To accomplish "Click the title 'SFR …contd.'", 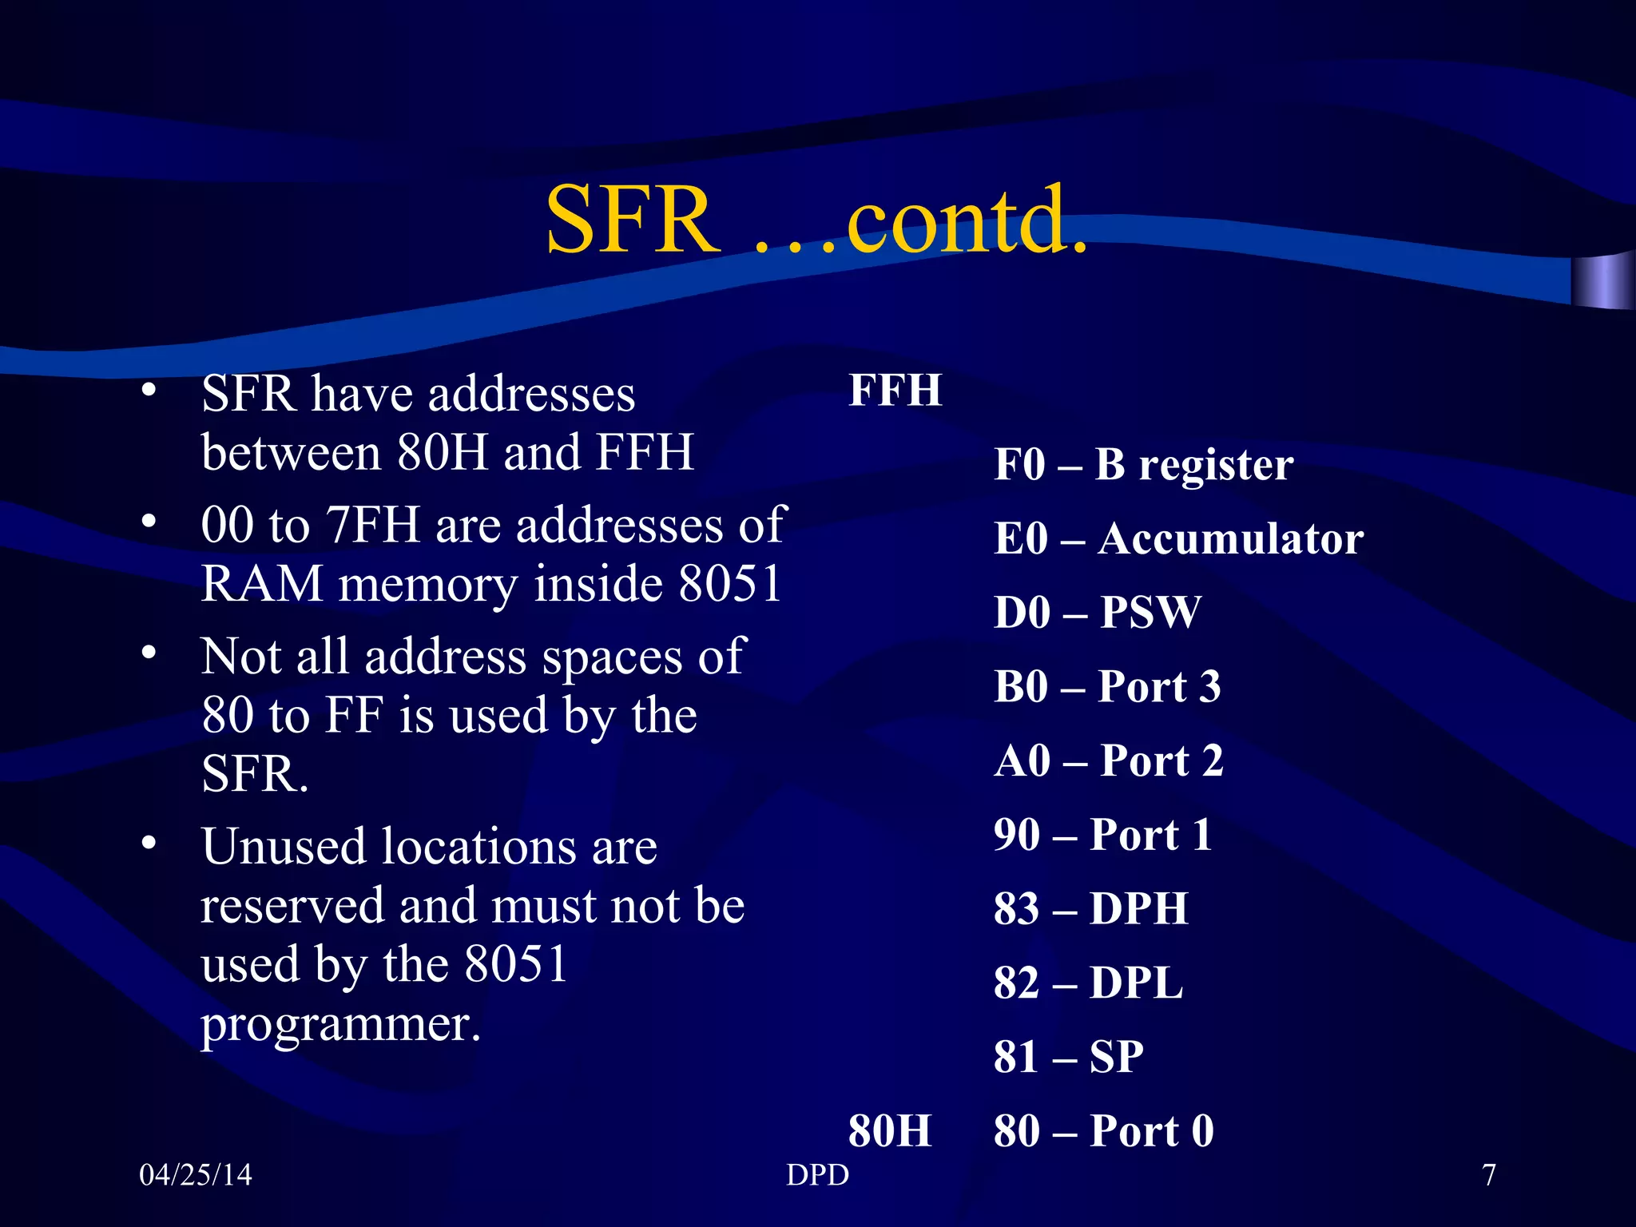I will [x=816, y=219].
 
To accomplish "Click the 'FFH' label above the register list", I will [x=895, y=391].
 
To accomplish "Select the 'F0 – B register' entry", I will [x=1143, y=465].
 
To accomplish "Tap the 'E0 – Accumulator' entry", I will [x=1178, y=538].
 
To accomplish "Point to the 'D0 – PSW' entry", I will [x=1097, y=613].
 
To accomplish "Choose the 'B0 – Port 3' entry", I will [x=1107, y=686].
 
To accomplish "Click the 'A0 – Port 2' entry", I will [x=1109, y=760].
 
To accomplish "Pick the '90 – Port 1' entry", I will [x=1103, y=835].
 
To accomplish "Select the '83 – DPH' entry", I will [x=1091, y=909].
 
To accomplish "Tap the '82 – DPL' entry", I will [x=1088, y=983].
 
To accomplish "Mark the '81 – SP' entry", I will [x=1069, y=1057].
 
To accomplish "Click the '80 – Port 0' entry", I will [x=1104, y=1131].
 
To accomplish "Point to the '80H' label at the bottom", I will [x=890, y=1131].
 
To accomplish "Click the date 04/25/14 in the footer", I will [x=196, y=1175].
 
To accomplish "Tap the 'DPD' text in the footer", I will [x=817, y=1175].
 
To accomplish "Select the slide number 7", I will [x=1489, y=1175].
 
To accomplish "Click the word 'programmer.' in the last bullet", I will [x=341, y=1025].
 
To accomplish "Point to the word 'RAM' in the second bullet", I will [x=262, y=584].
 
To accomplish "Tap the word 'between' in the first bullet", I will [x=291, y=453].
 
